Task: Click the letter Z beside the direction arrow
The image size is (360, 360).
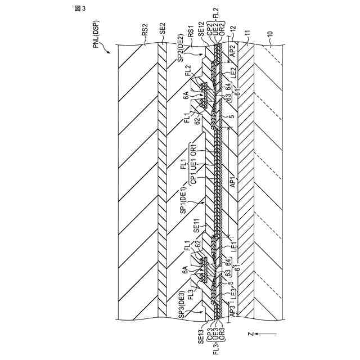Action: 249,333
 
